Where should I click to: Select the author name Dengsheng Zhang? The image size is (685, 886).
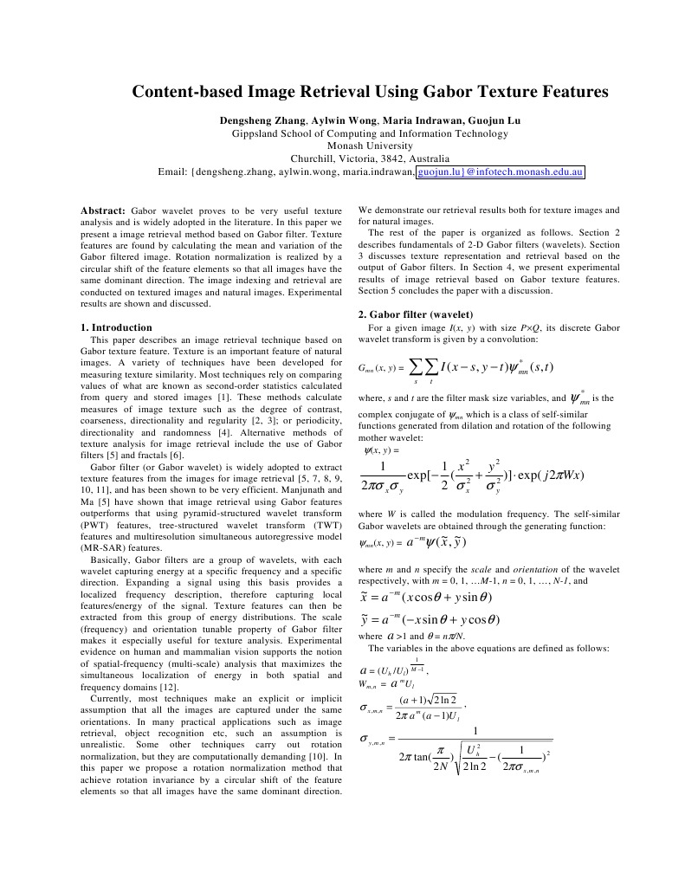254,120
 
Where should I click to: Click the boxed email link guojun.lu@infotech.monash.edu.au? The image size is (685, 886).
501,172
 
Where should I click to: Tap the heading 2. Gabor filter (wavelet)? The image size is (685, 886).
416,314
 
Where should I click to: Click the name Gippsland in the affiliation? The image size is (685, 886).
261,133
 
